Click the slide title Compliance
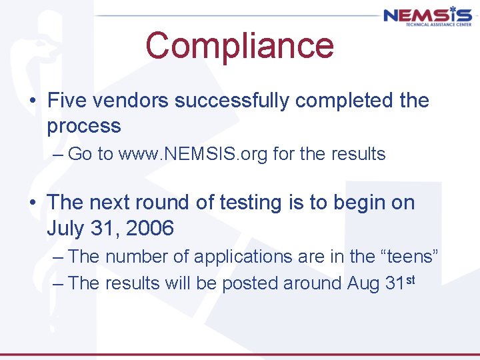coord(239,45)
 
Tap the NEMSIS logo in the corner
coord(427,16)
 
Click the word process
coord(84,126)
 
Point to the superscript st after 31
coord(409,279)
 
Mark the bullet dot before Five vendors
coord(33,101)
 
